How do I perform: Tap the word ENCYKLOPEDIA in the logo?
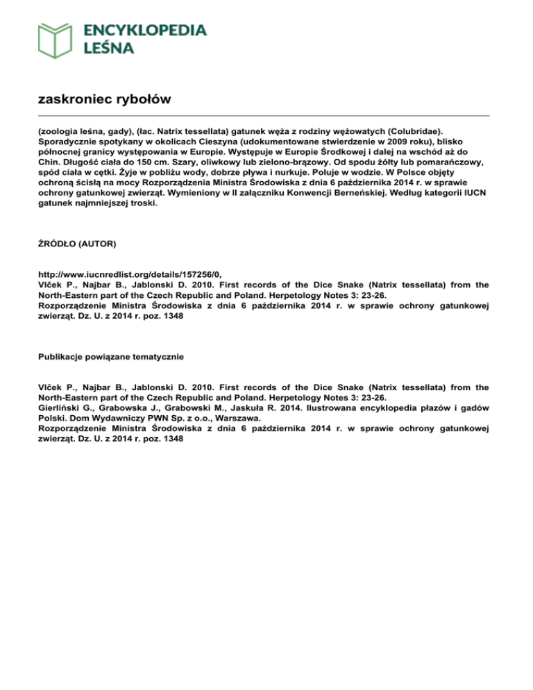144,30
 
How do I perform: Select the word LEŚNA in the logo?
110,48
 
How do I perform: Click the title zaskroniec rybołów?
104,99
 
